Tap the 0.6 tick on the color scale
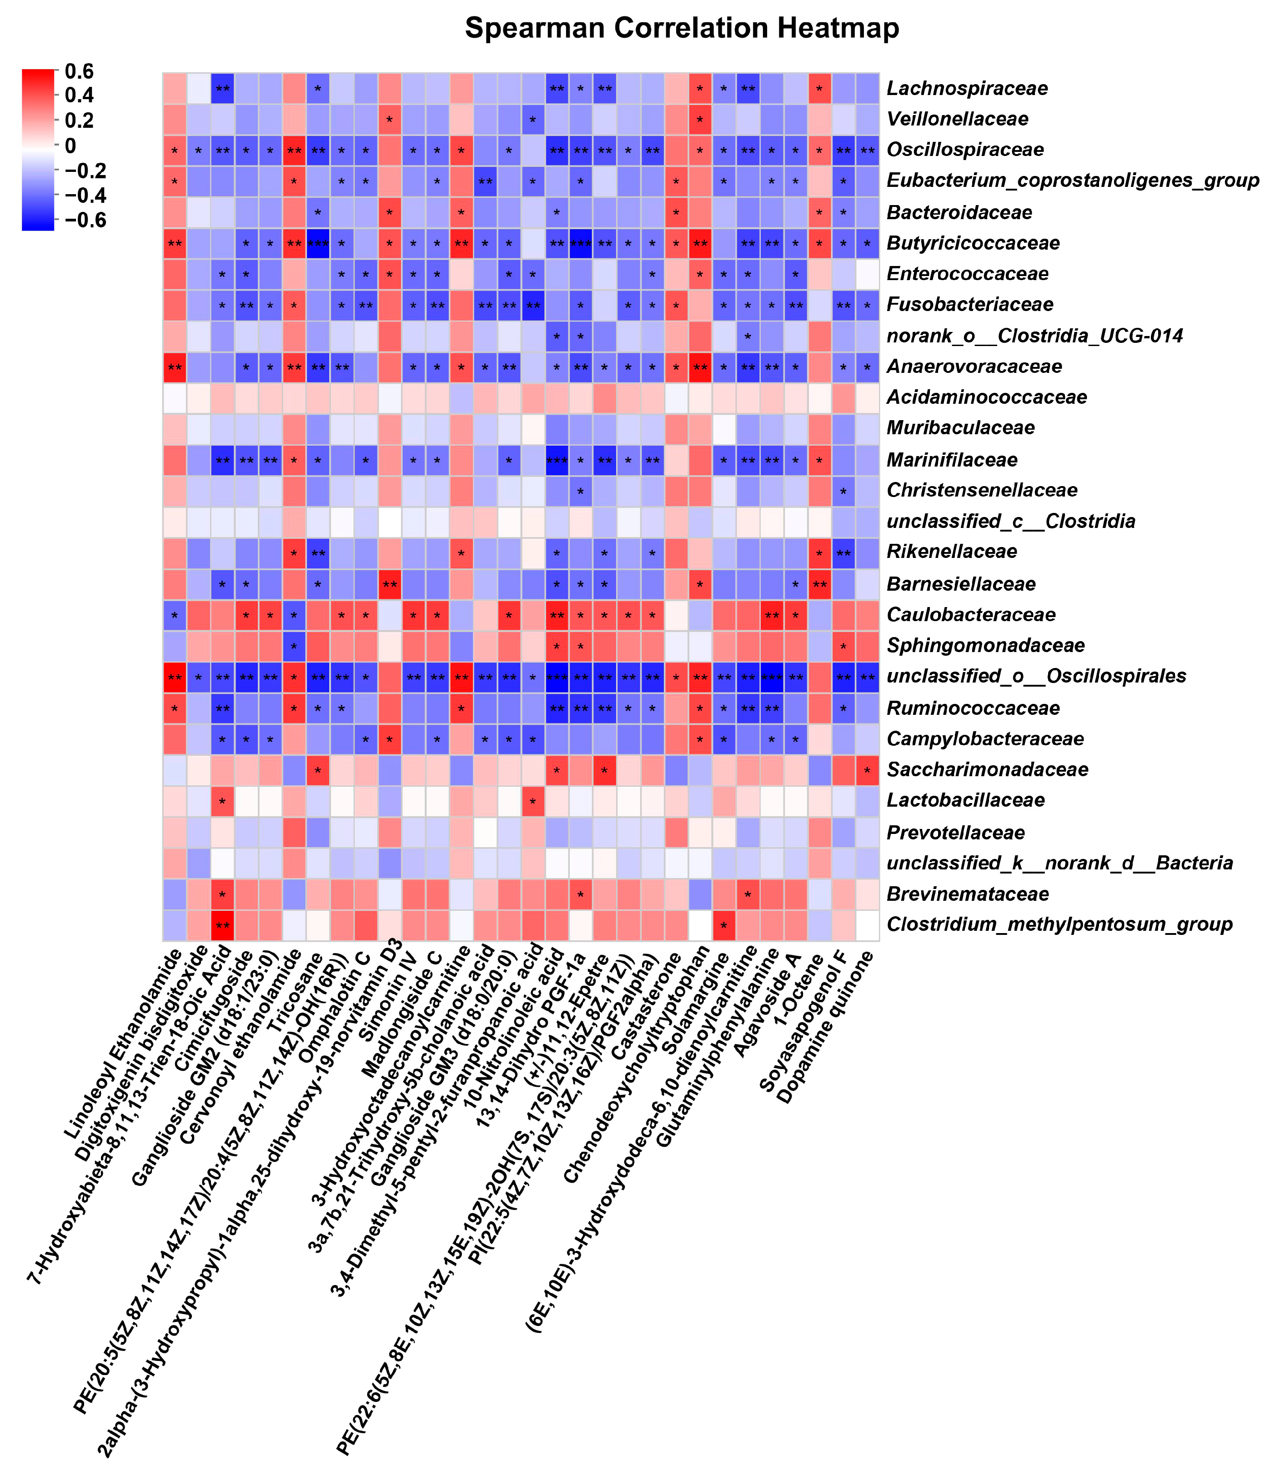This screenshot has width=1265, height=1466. point(79,71)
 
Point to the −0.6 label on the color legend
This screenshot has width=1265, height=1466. point(85,220)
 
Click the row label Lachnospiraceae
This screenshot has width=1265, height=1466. point(966,88)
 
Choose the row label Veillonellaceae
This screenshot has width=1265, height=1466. point(957,119)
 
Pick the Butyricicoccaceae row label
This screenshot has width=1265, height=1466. point(973,243)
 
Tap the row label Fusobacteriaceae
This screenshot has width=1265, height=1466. point(969,304)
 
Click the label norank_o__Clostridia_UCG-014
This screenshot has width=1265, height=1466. point(1034,336)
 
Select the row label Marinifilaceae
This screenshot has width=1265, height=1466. point(952,460)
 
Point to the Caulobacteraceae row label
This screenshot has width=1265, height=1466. point(971,615)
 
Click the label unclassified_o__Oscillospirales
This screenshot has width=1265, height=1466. point(1036,676)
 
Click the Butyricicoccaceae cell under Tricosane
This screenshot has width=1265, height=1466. point(318,243)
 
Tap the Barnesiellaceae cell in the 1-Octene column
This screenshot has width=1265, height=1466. point(819,584)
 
